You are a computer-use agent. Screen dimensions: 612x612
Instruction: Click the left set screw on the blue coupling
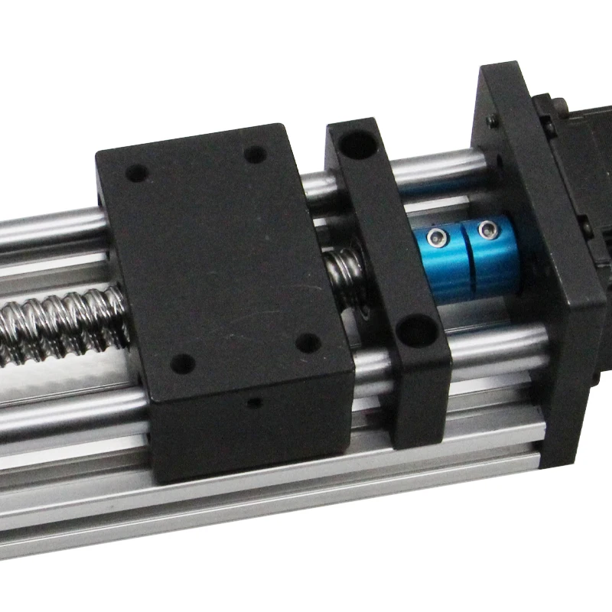click(436, 237)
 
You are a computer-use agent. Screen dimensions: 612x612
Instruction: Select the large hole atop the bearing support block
click(356, 143)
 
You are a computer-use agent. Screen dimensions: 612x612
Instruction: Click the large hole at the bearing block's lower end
click(418, 330)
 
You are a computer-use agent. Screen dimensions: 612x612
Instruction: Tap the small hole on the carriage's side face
click(255, 402)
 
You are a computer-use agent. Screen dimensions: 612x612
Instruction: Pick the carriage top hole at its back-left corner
click(137, 173)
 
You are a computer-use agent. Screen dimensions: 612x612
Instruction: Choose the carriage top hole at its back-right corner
click(256, 154)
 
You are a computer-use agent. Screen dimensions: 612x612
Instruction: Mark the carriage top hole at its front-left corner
click(182, 363)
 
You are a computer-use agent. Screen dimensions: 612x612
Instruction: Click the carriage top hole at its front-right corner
click(308, 342)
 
